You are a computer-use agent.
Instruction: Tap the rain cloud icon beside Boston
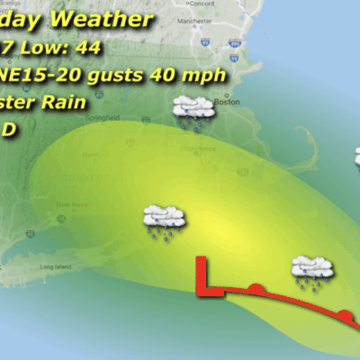point(192,112)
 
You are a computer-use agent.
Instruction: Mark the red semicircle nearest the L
point(256,288)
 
